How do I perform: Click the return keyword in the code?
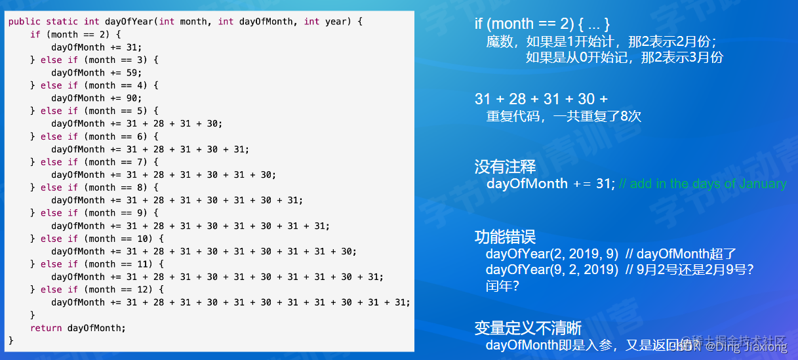[x=46, y=328]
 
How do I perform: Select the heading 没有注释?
[x=505, y=167]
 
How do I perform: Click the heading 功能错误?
[x=505, y=237]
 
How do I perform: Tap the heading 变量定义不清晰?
[x=528, y=328]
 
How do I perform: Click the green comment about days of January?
[x=702, y=184]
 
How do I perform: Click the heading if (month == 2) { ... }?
[x=542, y=24]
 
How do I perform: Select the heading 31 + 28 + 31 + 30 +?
[x=541, y=99]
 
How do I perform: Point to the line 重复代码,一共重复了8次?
[x=563, y=117]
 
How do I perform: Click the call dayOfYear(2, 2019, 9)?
[x=551, y=254]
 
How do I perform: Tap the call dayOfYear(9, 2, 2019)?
[x=551, y=270]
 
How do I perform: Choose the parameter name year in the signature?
[x=336, y=22]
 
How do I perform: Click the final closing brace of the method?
[x=11, y=340]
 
